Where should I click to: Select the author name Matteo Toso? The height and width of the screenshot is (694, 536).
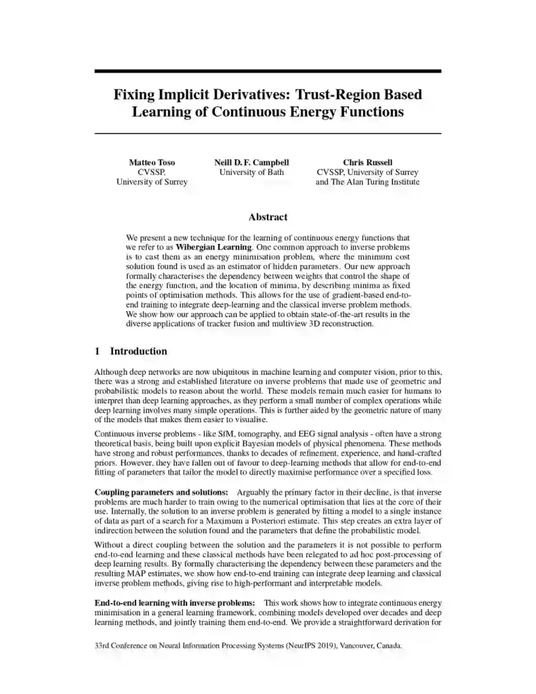click(x=152, y=163)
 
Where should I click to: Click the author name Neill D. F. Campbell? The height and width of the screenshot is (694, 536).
click(x=251, y=163)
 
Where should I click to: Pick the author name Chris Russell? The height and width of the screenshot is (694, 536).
click(x=367, y=163)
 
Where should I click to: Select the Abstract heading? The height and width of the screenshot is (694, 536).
click(x=268, y=217)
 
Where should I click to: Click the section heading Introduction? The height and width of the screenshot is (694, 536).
click(x=138, y=351)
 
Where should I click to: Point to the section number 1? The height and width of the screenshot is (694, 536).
click(x=98, y=351)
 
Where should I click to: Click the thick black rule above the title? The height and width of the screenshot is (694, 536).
click(x=268, y=70)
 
